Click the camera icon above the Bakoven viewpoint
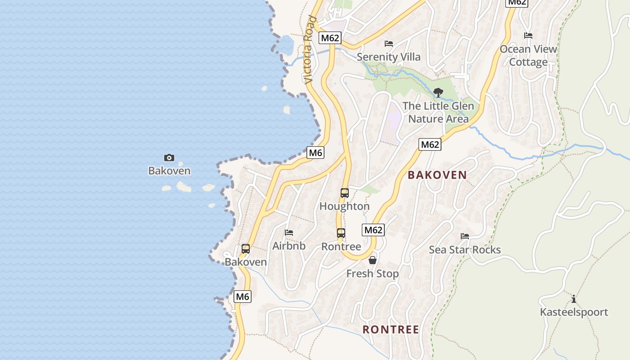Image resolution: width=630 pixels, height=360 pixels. pos(169,157)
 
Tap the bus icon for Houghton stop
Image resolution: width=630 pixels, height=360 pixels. pos(344,193)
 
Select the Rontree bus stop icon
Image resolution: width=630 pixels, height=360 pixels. pos(341,233)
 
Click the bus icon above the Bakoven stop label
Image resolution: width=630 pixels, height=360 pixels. pos(246,249)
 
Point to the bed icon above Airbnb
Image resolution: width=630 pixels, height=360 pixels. pos(289,233)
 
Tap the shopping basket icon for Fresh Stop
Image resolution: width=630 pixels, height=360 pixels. pos(373,260)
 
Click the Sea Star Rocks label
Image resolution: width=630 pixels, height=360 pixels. pos(464,250)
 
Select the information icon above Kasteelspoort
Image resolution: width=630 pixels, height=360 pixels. pos(573,299)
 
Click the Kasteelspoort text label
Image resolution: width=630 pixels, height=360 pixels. pos(573,312)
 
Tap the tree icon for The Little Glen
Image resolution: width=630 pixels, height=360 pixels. pos(438,93)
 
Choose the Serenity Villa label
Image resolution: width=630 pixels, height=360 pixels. pos(388,57)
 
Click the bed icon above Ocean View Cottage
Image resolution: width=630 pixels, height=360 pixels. pos(528,36)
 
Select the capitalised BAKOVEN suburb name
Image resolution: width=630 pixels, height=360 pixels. pos(437,175)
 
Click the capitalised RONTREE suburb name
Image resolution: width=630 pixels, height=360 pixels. pos(391,329)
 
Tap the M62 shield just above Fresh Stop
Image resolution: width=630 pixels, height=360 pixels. pos(373,230)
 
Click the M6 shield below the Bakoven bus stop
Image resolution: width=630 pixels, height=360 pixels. pos(243,297)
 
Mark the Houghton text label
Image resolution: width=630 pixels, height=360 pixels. pos(344,206)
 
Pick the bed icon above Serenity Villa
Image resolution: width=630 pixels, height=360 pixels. pos(389,44)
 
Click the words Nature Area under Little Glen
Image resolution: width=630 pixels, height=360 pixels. pos(438,119)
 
